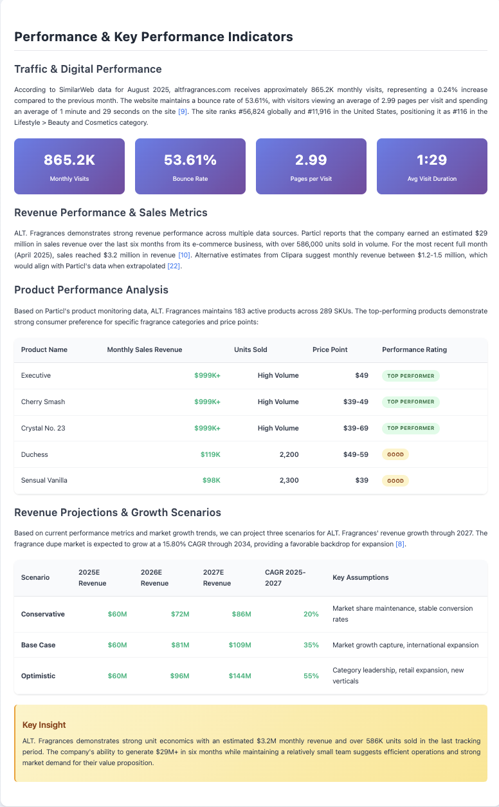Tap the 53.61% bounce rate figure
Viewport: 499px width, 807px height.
click(x=190, y=160)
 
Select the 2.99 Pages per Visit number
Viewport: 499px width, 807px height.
click(x=311, y=160)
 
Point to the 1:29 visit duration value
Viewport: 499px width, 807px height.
click(x=431, y=160)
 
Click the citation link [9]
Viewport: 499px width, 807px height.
click(x=183, y=112)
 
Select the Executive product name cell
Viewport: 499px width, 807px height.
click(x=36, y=375)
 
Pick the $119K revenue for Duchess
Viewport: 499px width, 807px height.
click(x=210, y=454)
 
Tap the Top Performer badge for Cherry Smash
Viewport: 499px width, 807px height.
click(x=410, y=402)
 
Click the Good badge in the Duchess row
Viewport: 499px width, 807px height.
click(x=395, y=454)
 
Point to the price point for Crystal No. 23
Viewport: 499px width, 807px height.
click(x=356, y=428)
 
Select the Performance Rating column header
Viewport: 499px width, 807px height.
click(x=414, y=349)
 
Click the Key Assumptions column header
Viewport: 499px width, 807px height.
click(x=360, y=577)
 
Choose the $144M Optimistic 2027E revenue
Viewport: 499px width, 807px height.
click(x=239, y=676)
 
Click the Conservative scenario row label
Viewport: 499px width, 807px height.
click(x=43, y=614)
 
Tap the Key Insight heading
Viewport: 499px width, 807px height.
click(x=44, y=725)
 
